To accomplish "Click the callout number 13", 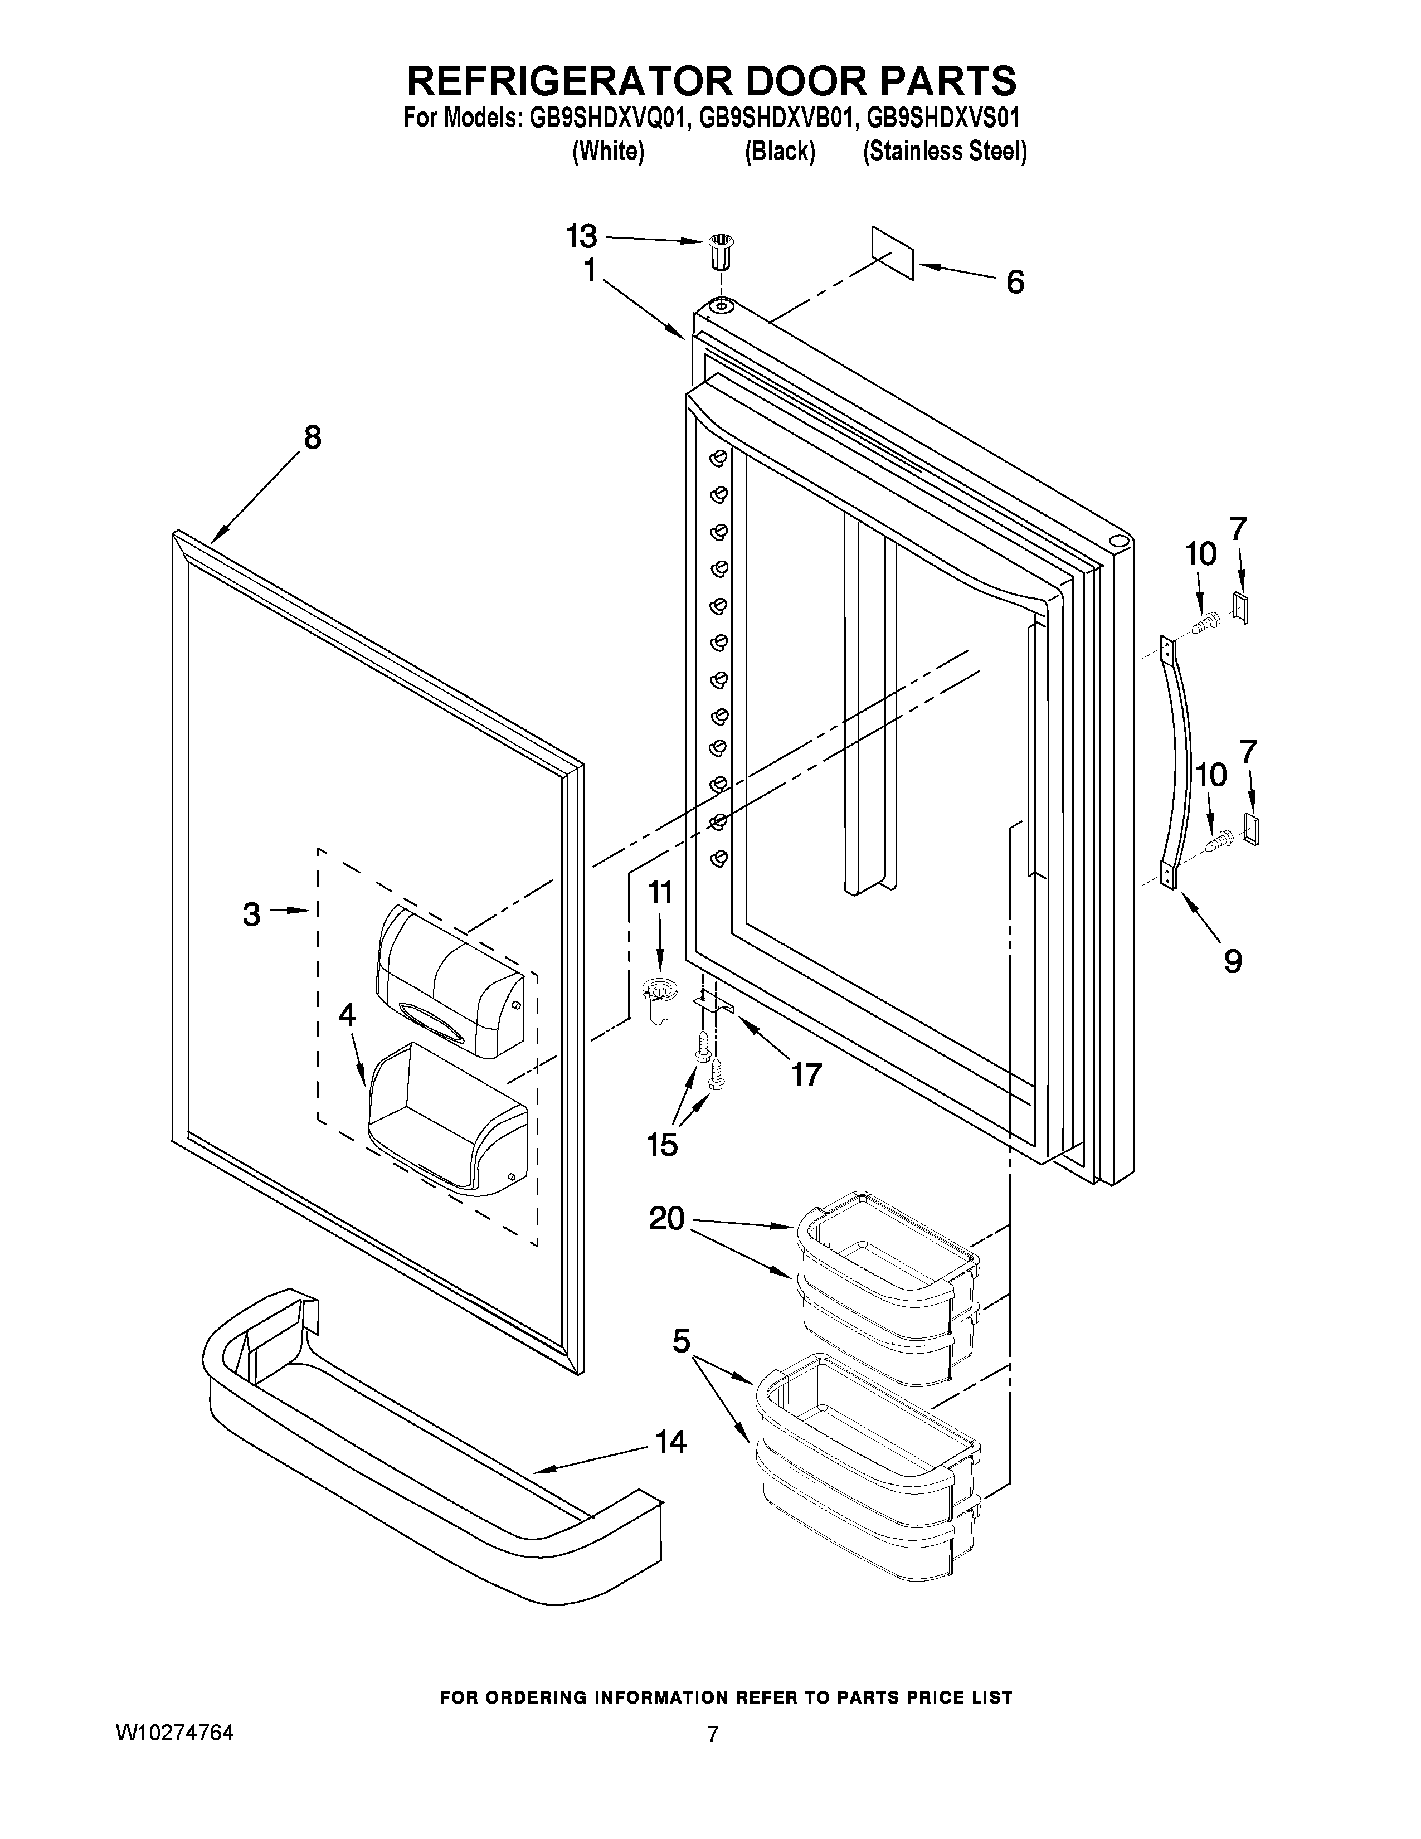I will coord(581,237).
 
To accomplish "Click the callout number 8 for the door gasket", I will coord(312,438).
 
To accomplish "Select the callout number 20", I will coord(666,1218).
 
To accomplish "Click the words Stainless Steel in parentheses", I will coord(945,152).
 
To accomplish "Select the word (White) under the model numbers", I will coord(608,152).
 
